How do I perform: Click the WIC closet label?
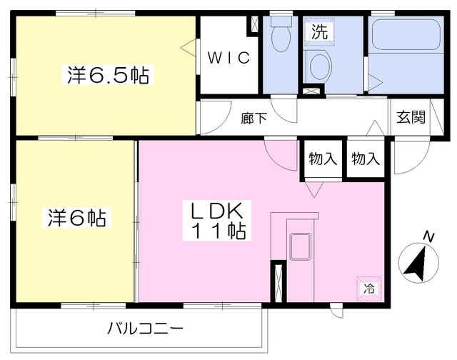[x=228, y=58]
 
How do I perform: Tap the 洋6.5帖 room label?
[x=108, y=75]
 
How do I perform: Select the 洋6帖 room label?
[x=76, y=217]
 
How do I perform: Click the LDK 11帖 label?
[x=217, y=221]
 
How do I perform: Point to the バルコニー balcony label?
[x=145, y=329]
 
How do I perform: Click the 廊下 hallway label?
[x=254, y=119]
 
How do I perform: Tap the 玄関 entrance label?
[x=411, y=117]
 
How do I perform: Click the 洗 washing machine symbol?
[x=319, y=31]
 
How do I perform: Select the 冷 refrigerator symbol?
[x=369, y=289]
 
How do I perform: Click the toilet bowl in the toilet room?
[x=281, y=34]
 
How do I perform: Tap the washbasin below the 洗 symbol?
[x=319, y=66]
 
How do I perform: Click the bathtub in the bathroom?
[x=406, y=35]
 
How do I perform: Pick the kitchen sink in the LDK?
[x=300, y=246]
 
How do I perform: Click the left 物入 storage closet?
[x=323, y=159]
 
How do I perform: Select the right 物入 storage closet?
[x=366, y=159]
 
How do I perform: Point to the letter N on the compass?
[x=428, y=236]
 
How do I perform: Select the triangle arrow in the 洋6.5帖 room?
[x=189, y=48]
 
